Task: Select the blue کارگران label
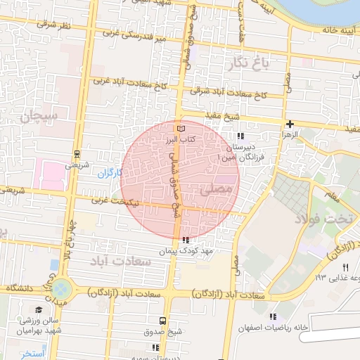tap(110, 172)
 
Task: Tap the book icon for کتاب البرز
tap(181, 129)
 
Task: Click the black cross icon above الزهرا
tap(290, 123)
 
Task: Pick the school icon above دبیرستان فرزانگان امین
tap(240, 136)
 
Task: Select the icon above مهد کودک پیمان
tap(185, 240)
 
